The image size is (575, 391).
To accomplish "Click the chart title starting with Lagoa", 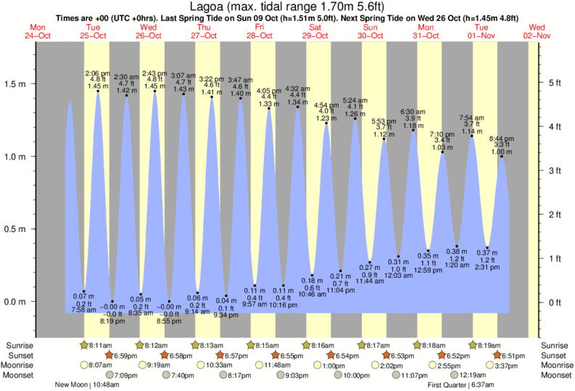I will (287, 7).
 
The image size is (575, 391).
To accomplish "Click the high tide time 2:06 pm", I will (97, 74).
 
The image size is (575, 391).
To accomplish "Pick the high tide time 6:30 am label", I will (413, 112).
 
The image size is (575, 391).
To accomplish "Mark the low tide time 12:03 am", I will (399, 276).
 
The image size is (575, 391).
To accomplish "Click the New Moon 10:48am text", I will (87, 385).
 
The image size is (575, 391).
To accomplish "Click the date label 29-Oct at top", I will (315, 36).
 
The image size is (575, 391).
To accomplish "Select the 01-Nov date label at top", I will (482, 36).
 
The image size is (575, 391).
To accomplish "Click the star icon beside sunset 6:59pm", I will (109, 355).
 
